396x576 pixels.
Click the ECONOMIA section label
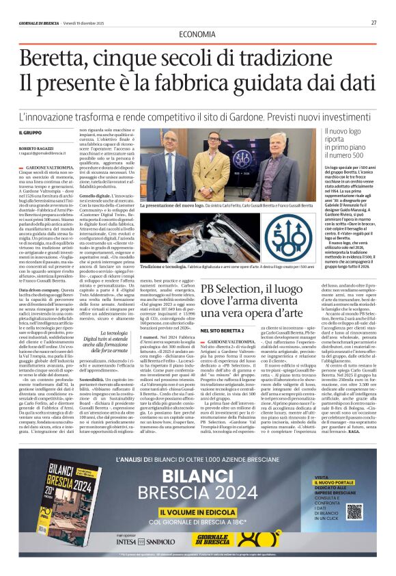[x=197, y=34]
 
